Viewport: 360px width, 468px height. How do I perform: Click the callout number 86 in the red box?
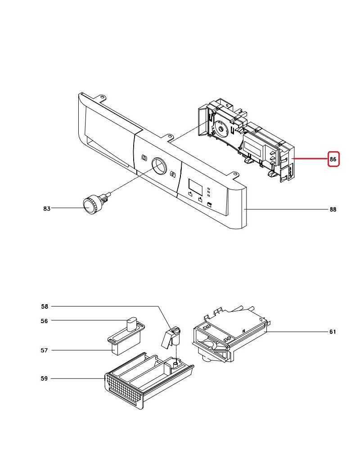click(x=333, y=159)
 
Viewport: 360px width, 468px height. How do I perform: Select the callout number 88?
click(x=333, y=210)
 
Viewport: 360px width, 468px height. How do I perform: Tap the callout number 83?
click(x=47, y=209)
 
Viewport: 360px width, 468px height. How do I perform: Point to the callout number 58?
click(x=45, y=306)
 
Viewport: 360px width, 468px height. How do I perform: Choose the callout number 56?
click(x=44, y=321)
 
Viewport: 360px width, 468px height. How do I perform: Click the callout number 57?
click(x=44, y=351)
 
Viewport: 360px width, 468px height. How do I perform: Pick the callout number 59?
click(x=44, y=378)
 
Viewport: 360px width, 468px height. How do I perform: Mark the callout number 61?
click(x=333, y=332)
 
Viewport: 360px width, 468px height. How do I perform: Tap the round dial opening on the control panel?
click(x=159, y=166)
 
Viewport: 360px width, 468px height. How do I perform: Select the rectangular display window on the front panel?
click(x=195, y=185)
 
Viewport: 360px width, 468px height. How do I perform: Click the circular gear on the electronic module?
click(x=221, y=129)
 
